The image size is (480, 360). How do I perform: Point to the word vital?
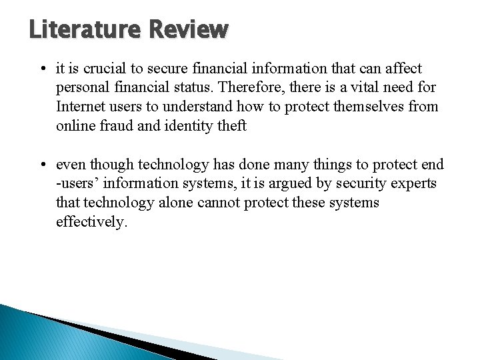pyautogui.click(x=369, y=87)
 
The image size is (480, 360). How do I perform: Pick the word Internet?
pyautogui.click(x=81, y=107)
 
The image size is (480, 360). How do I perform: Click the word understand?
pyautogui.click(x=209, y=107)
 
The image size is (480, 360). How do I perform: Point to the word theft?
pyautogui.click(x=233, y=125)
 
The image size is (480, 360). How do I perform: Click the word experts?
pyautogui.click(x=415, y=183)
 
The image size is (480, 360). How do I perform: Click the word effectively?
pyautogui.click(x=91, y=221)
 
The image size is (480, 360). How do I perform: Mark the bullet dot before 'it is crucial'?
pyautogui.click(x=42, y=69)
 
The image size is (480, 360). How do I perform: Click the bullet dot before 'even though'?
pyautogui.click(x=42, y=165)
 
